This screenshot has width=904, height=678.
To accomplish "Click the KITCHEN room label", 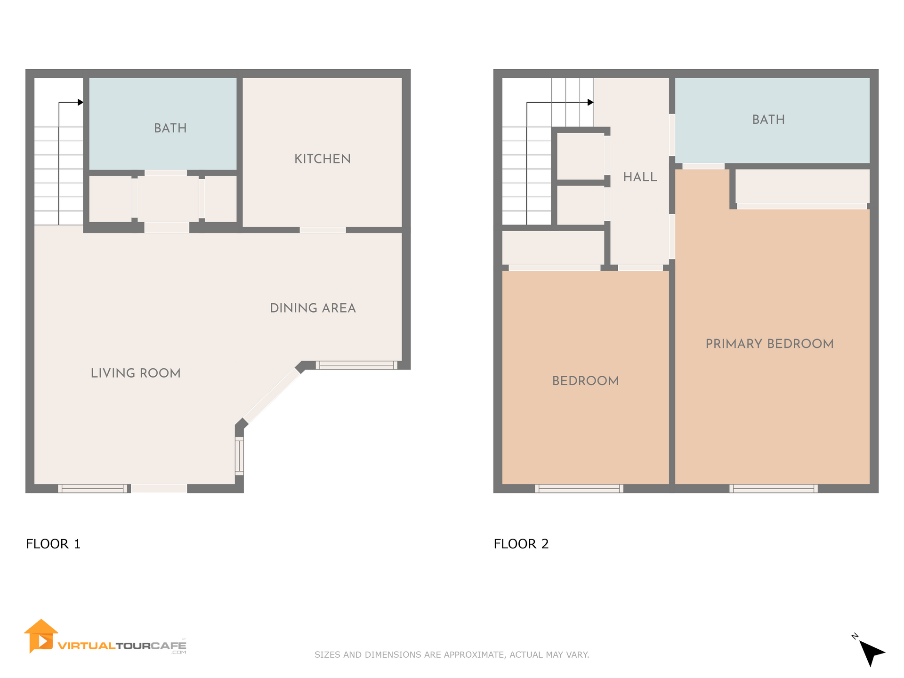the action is (x=323, y=159).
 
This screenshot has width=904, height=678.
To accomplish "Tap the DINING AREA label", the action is (x=313, y=308).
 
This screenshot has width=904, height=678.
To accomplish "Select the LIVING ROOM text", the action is (x=136, y=373).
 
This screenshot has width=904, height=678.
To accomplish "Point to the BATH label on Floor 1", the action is (x=170, y=128).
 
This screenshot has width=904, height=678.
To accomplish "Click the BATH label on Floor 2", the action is (x=768, y=120).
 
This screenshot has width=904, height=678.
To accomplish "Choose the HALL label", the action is (x=640, y=177).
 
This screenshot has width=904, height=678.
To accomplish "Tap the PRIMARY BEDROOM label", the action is (x=769, y=344).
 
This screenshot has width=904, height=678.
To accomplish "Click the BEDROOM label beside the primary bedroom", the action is (x=585, y=381).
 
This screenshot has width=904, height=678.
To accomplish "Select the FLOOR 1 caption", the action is (x=53, y=544).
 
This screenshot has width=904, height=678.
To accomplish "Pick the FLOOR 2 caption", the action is (x=521, y=544).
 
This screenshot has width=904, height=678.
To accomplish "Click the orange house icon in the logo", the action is (x=41, y=636).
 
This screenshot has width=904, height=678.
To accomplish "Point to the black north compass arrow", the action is (x=871, y=652).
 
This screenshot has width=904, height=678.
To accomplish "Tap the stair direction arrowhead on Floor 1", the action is (x=81, y=102).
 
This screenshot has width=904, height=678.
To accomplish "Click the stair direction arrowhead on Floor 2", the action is (x=590, y=102).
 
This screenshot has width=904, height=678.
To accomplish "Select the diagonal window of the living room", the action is (x=272, y=396).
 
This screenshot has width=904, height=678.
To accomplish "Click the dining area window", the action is (x=356, y=365).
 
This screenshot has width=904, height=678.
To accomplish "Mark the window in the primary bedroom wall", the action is (x=774, y=489).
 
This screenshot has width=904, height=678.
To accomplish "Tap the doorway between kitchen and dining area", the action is (x=323, y=230).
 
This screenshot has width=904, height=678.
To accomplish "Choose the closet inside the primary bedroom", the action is (x=802, y=187).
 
